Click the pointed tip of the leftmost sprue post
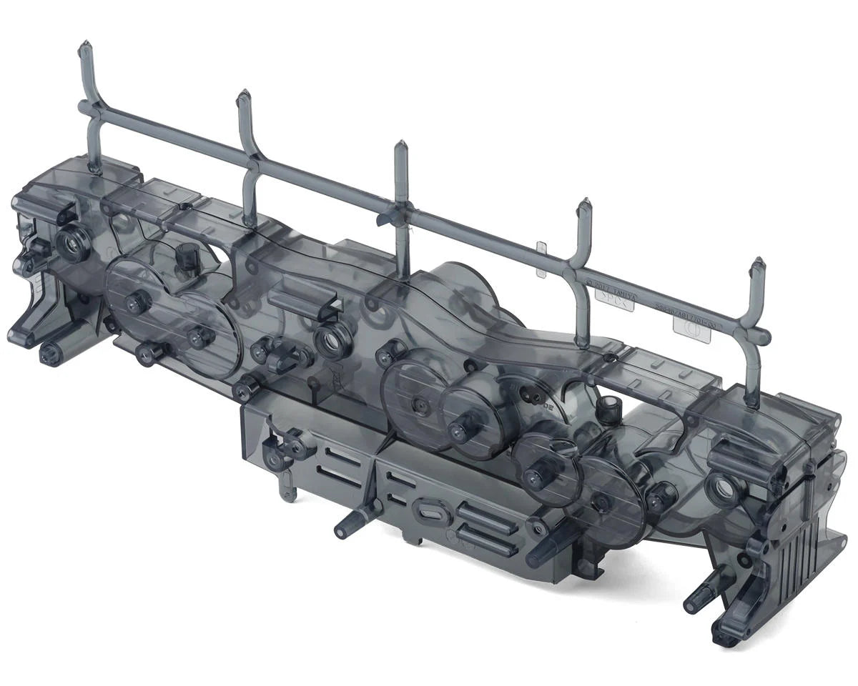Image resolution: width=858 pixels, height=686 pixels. pyautogui.click(x=84, y=46)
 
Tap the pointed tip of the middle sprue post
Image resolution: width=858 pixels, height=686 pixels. pyautogui.click(x=400, y=145)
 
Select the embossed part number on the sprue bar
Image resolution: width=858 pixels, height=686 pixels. pyautogui.click(x=685, y=311)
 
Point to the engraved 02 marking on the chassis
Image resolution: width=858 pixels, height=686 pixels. pyautogui.click(x=549, y=404)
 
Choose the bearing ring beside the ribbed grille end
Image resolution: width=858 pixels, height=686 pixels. pyautogui.click(x=719, y=489)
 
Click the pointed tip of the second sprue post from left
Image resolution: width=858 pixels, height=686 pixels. pyautogui.click(x=244, y=95)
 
